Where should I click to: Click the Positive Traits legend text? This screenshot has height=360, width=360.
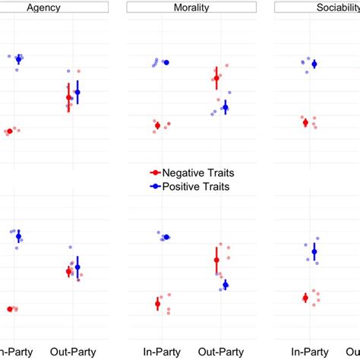click(x=199, y=186)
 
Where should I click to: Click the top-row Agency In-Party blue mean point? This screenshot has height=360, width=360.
click(x=19, y=59)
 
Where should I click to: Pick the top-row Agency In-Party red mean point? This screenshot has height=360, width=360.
click(x=9, y=131)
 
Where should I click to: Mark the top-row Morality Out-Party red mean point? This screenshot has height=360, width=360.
click(x=216, y=77)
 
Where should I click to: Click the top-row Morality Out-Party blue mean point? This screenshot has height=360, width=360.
click(x=225, y=107)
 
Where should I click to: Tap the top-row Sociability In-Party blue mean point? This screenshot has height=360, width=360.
click(x=314, y=64)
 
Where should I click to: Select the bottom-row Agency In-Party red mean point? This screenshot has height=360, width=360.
click(x=10, y=308)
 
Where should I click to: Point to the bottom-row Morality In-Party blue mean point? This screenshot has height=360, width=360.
click(x=166, y=237)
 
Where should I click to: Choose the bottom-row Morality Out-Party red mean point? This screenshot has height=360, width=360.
click(x=216, y=260)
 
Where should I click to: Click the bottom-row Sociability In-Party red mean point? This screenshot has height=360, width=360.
click(x=305, y=298)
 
